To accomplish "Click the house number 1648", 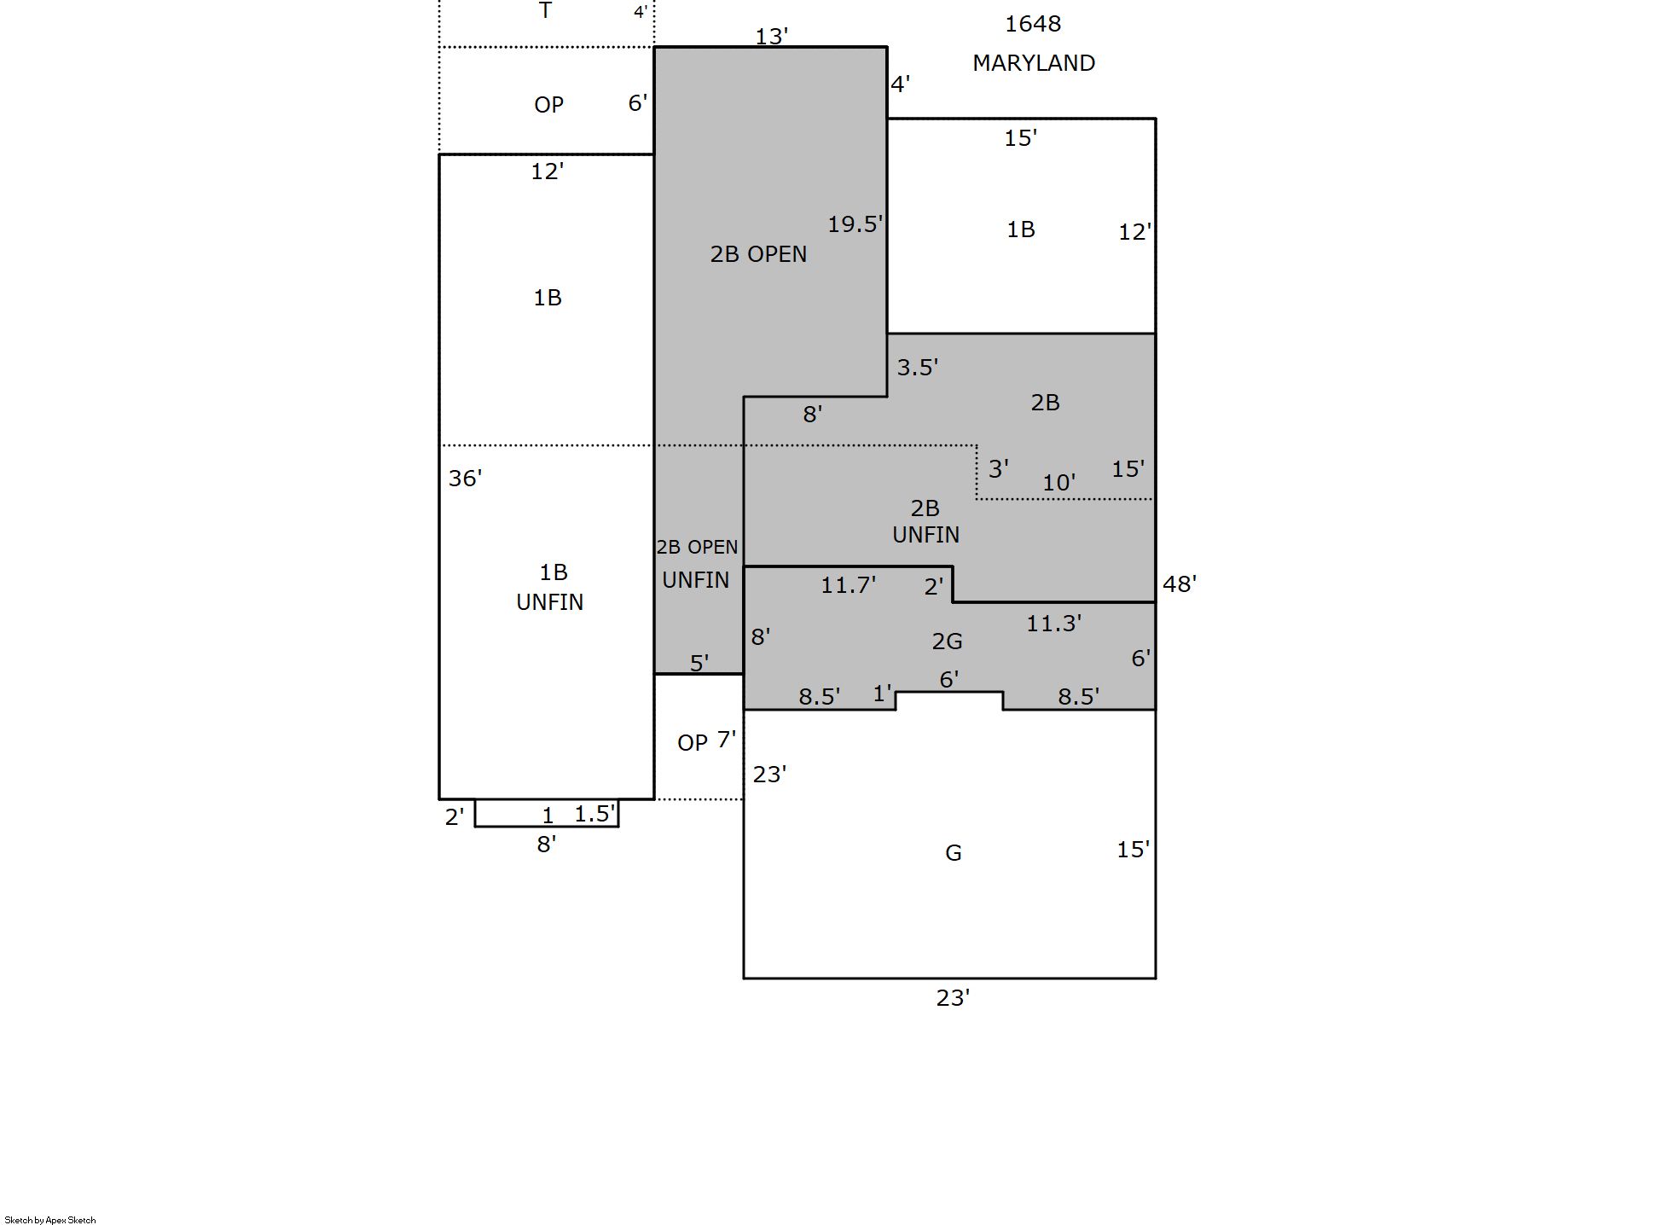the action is pyautogui.click(x=1033, y=24).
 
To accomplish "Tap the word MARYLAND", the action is pyautogui.click(x=1034, y=63).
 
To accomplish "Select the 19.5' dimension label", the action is pyautogui.click(x=855, y=224).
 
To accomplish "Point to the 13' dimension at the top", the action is pyautogui.click(x=772, y=37).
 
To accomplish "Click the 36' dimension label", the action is pyautogui.click(x=465, y=479).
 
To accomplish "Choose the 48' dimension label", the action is pyautogui.click(x=1180, y=584).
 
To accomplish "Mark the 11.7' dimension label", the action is pyautogui.click(x=849, y=585).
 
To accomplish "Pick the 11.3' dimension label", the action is pyautogui.click(x=1054, y=624).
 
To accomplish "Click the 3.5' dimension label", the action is pyautogui.click(x=918, y=368).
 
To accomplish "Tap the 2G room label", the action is pyautogui.click(x=947, y=642).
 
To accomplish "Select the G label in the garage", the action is pyautogui.click(x=954, y=853).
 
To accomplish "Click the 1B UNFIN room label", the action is pyautogui.click(x=550, y=587).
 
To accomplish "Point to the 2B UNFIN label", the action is pyautogui.click(x=925, y=521).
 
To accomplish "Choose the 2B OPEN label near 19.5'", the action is pyautogui.click(x=758, y=254).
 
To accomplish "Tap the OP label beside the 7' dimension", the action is pyautogui.click(x=693, y=743).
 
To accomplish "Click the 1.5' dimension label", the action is pyautogui.click(x=594, y=815).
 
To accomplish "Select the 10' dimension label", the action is pyautogui.click(x=1058, y=483).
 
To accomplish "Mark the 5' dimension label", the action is pyautogui.click(x=699, y=663).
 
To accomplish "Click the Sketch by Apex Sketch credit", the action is pyautogui.click(x=50, y=1220).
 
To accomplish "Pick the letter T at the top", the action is pyautogui.click(x=546, y=11).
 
